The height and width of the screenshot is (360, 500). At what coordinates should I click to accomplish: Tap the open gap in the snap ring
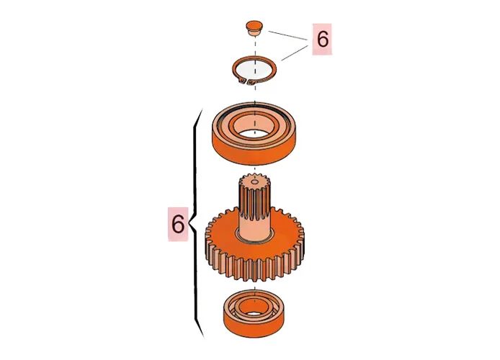tap(250, 83)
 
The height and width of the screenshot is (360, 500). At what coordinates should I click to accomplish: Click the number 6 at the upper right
tap(321, 40)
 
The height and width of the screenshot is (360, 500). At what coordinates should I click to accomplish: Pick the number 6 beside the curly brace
tap(178, 224)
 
